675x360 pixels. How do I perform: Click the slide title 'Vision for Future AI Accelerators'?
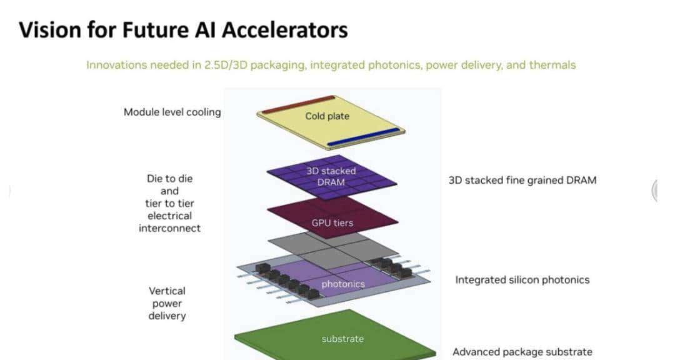pyautogui.click(x=183, y=29)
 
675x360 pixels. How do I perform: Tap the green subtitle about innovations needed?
pyautogui.click(x=331, y=65)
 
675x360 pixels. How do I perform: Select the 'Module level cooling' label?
pyautogui.click(x=172, y=112)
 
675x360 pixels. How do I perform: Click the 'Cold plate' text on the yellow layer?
pyautogui.click(x=327, y=116)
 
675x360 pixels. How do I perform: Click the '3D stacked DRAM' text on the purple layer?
pyautogui.click(x=331, y=176)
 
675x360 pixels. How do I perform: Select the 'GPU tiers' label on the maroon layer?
pyautogui.click(x=332, y=222)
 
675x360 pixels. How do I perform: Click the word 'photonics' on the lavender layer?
pyautogui.click(x=342, y=284)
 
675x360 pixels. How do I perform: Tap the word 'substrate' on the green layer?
pyautogui.click(x=342, y=339)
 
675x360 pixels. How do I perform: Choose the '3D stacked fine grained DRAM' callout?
pyautogui.click(x=522, y=180)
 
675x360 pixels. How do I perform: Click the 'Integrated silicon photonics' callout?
pyautogui.click(x=522, y=280)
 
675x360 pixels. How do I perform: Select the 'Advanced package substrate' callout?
pyautogui.click(x=522, y=352)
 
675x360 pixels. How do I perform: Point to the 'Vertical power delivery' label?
pyautogui.click(x=167, y=303)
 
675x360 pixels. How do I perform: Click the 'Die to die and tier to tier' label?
pyautogui.click(x=169, y=191)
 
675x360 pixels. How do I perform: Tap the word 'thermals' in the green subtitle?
pyautogui.click(x=552, y=65)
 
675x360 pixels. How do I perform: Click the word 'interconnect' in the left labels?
pyautogui.click(x=169, y=228)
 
